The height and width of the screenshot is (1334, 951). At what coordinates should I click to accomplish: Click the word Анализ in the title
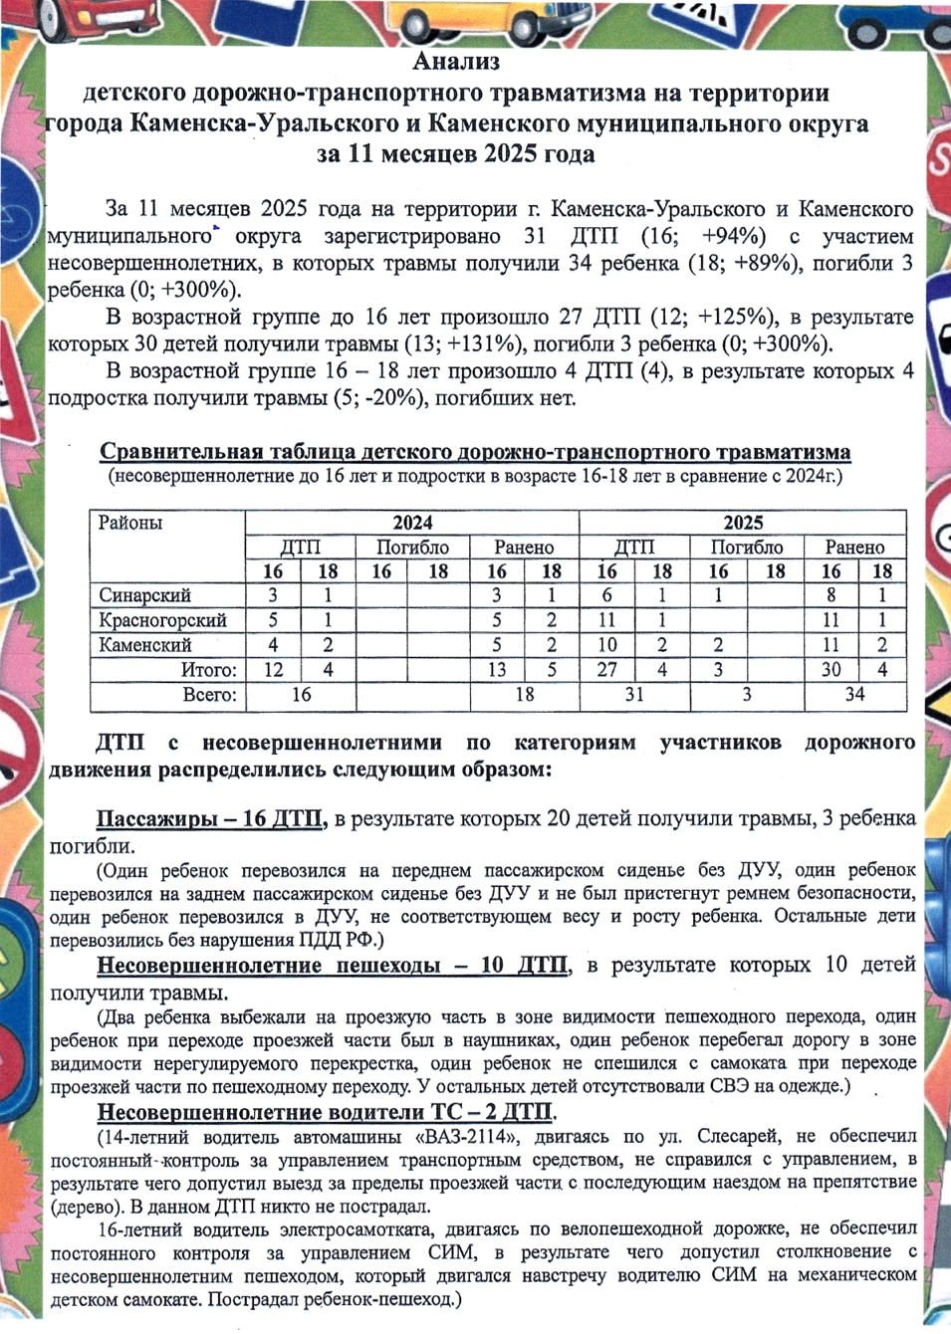(x=456, y=62)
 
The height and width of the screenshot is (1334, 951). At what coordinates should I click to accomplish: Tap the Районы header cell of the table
(x=130, y=524)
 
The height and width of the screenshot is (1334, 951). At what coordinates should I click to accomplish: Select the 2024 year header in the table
(x=412, y=524)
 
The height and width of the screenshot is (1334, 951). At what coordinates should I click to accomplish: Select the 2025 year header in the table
(x=743, y=524)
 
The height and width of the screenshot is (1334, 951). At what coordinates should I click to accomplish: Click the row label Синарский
(x=144, y=595)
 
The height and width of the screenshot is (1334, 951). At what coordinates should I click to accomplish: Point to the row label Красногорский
(x=162, y=620)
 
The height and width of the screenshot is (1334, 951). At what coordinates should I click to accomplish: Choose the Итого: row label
(x=208, y=670)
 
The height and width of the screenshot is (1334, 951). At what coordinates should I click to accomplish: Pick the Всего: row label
(x=209, y=695)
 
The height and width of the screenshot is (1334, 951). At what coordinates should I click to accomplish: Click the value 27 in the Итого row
(x=606, y=670)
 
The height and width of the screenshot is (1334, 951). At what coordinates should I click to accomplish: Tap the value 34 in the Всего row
(x=854, y=695)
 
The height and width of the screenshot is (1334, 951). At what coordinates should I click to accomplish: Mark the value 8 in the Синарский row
(x=831, y=595)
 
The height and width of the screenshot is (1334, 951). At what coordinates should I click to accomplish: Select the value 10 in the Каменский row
(x=606, y=645)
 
